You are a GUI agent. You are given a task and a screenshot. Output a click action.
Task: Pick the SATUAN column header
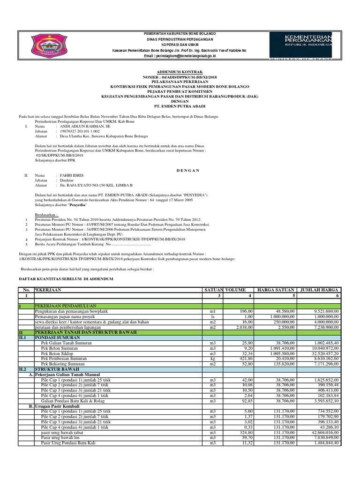(x=213, y=290)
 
